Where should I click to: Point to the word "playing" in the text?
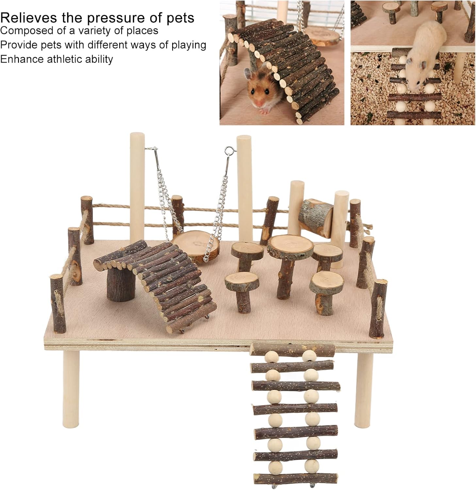click(x=189, y=45)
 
